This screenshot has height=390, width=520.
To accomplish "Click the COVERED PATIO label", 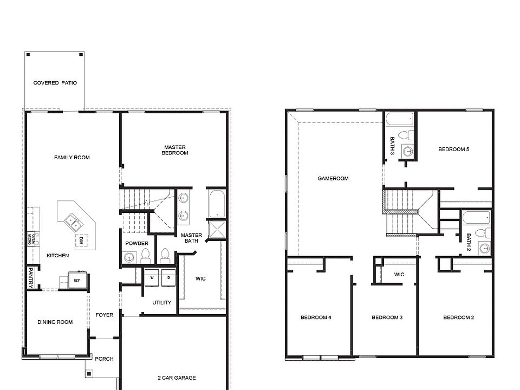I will tap(55, 83).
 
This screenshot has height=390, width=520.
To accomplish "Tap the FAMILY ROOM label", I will tap(71, 158).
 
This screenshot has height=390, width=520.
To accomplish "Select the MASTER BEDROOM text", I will tap(174, 150).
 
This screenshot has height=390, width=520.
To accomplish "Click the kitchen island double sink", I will tap(73, 220).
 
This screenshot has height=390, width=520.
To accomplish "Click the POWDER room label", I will tap(136, 243).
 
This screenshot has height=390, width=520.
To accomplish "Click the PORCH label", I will tap(104, 359).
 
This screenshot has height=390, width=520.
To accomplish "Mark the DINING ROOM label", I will tap(55, 322).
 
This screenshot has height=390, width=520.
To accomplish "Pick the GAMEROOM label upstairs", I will tap(333, 178).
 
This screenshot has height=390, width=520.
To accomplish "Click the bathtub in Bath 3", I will tap(399, 119).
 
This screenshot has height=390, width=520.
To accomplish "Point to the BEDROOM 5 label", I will tap(453, 149).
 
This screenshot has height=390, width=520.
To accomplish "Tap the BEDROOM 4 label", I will tap(316, 317).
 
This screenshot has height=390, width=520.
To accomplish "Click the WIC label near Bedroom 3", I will tap(399, 275).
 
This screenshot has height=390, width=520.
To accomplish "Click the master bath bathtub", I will tap(215, 203).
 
